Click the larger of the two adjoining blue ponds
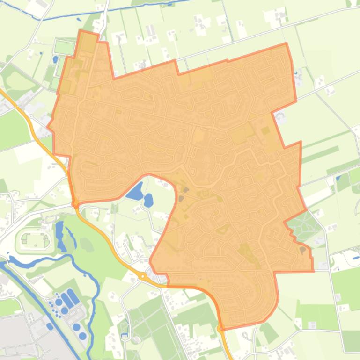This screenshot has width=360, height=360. point(135,191)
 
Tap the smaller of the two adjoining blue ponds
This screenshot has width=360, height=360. point(148,200)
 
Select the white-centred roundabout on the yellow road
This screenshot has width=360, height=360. point(142,277)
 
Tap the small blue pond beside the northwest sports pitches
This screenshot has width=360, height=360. point(56,59)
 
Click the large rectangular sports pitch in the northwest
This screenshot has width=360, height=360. point(65,47)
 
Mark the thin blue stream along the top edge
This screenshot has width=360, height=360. point(117,9)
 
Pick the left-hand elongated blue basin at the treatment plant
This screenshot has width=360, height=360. point(66,300)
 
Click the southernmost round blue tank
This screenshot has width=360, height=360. point(83,336)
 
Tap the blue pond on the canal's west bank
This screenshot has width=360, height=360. point(50,326)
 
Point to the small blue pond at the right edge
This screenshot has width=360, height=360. point(338,178)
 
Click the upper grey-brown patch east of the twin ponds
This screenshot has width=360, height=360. point(186,190)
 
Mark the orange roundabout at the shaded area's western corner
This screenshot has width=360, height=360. point(75,203)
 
